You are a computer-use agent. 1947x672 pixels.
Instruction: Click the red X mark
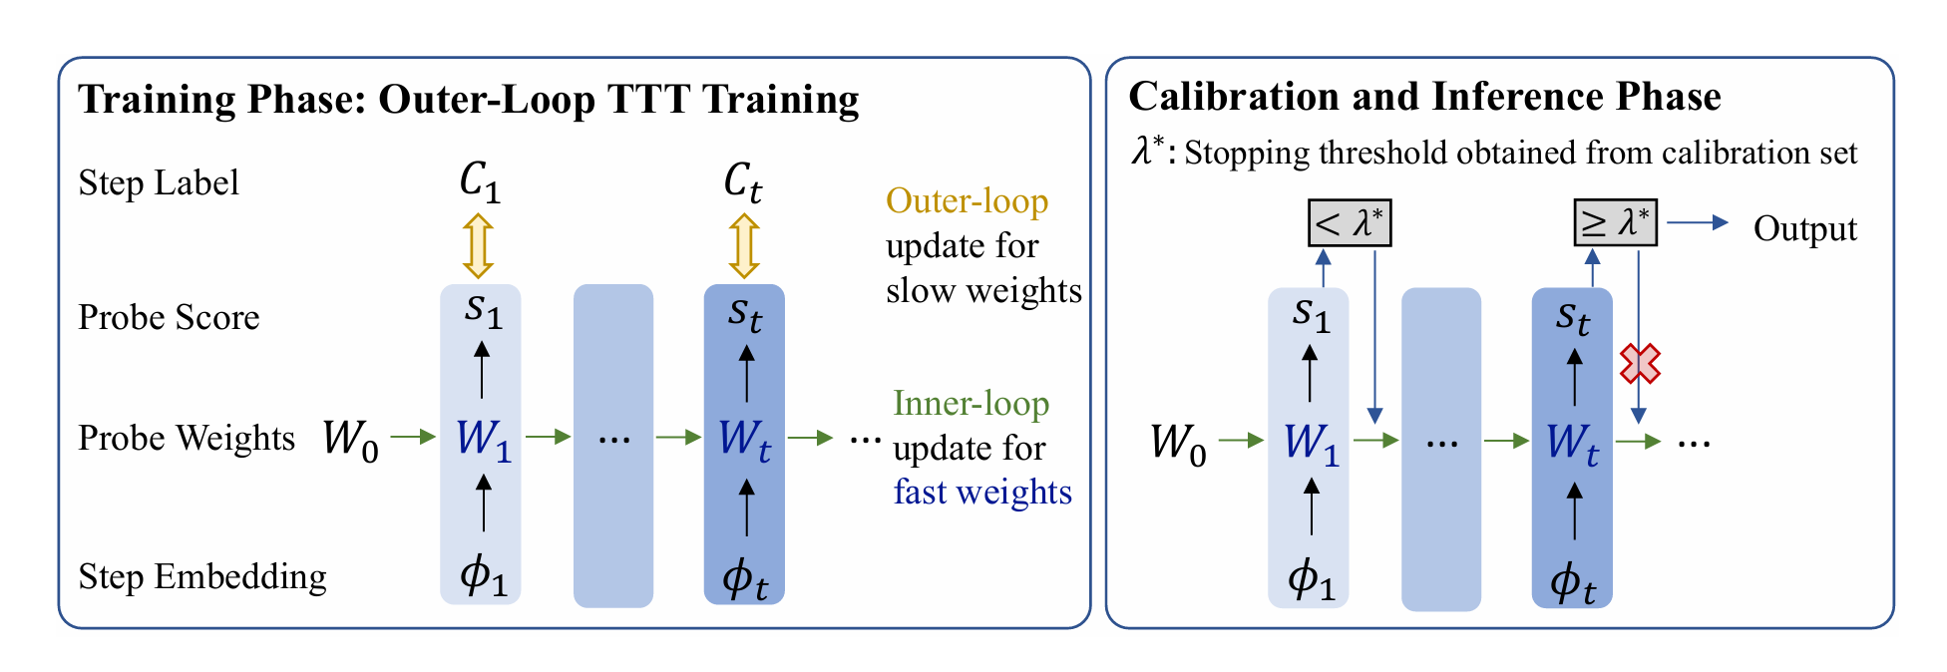click(1640, 364)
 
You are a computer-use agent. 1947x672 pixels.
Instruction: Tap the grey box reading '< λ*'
click(1349, 223)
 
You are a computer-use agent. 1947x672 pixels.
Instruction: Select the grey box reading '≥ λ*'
click(1615, 223)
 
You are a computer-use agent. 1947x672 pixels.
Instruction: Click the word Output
click(1805, 229)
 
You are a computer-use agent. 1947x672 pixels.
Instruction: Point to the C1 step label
click(480, 182)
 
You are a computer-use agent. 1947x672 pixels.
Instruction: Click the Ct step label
click(743, 182)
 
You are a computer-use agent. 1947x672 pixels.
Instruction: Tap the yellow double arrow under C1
click(479, 245)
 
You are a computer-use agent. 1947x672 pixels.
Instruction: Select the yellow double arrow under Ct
click(744, 245)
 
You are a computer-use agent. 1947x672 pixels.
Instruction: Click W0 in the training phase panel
click(351, 439)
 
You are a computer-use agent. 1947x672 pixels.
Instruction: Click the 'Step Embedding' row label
click(202, 576)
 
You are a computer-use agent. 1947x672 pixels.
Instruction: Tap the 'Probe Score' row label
click(169, 317)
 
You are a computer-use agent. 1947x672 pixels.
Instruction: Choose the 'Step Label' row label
click(159, 183)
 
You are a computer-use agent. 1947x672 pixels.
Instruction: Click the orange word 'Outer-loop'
click(968, 201)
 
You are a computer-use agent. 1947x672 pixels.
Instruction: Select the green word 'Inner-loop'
click(972, 404)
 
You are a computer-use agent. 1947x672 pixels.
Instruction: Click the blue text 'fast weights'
click(982, 492)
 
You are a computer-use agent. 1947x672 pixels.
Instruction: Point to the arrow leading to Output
click(1698, 222)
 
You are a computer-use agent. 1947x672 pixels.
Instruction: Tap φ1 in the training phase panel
click(484, 576)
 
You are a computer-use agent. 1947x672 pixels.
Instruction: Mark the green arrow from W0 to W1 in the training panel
click(414, 437)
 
